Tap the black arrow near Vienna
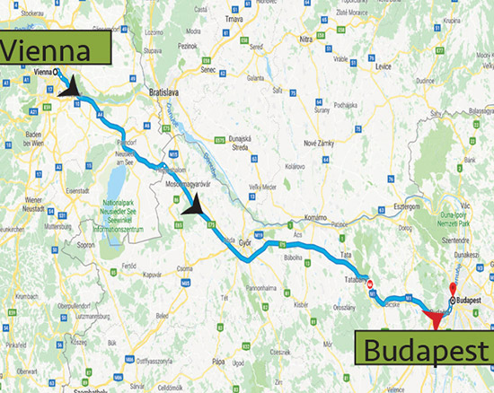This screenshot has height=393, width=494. [x=69, y=86]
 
